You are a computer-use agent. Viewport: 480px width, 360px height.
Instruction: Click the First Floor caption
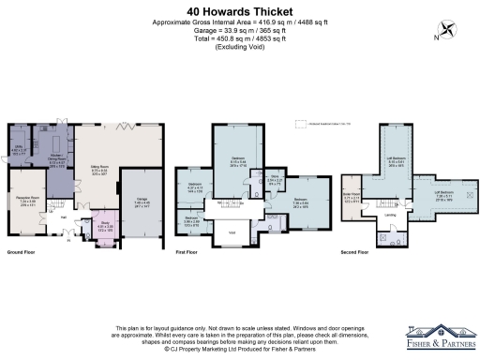[189, 253]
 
